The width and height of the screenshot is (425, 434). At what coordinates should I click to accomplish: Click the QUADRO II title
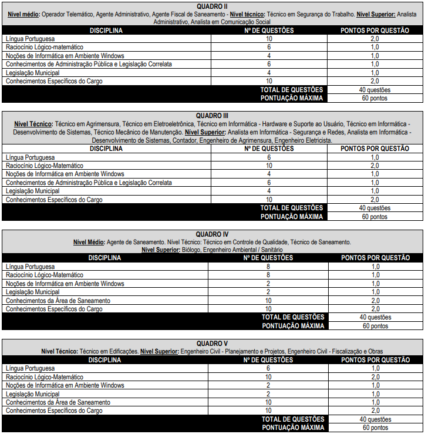[x=212, y=6]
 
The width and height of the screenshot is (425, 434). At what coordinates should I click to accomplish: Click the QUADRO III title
[x=212, y=115]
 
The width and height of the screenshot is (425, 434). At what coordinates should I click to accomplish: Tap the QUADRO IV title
[x=212, y=234]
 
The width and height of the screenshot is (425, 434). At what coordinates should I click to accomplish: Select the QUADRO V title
[x=212, y=343]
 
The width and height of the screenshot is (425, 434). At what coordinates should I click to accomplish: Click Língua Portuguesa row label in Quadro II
[x=31, y=38]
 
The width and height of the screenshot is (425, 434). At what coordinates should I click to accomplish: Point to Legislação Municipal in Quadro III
[x=32, y=191]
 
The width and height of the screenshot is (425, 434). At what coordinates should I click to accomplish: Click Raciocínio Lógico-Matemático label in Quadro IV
[x=44, y=275]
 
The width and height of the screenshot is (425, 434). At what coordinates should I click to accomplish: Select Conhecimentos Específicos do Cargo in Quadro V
[x=54, y=411]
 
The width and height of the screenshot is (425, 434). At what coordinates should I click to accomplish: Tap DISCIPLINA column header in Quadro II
[x=106, y=29]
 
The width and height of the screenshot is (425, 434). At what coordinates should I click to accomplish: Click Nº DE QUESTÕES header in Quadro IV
[x=268, y=257]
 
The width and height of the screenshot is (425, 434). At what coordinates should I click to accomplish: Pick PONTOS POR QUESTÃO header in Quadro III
[x=376, y=149]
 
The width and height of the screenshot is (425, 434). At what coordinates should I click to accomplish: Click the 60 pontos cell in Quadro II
[x=375, y=98]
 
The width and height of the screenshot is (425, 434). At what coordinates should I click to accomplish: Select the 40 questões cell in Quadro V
[x=375, y=419]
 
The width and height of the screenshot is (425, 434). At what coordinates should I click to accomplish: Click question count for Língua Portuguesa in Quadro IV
[x=268, y=266]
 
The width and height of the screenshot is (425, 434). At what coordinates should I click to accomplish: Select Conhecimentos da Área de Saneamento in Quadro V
[x=58, y=402]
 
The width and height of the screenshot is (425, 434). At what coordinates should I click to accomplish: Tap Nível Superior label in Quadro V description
[x=159, y=351]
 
